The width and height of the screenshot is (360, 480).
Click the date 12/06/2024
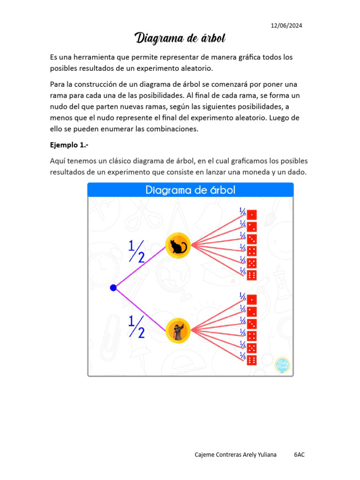(286, 26)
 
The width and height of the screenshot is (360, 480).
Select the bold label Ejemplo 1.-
(69, 145)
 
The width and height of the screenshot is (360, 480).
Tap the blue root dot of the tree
(113, 288)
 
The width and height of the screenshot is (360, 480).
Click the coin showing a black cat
(178, 245)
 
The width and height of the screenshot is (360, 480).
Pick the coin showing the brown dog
(178, 330)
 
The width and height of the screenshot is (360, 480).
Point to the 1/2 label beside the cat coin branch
(137, 251)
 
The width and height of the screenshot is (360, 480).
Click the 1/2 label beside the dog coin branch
(137, 327)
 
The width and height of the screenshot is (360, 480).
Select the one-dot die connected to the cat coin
(252, 215)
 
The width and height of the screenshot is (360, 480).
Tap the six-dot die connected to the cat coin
(252, 275)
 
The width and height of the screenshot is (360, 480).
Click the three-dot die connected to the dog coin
(252, 324)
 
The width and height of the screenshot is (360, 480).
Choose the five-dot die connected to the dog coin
(252, 348)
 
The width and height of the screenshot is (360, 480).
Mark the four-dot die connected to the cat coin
(252, 251)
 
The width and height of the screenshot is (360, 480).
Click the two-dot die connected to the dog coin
(252, 312)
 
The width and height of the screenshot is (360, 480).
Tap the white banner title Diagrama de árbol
(190, 190)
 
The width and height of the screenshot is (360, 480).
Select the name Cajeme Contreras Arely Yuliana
(235, 455)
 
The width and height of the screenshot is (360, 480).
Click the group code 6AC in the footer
(300, 455)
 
